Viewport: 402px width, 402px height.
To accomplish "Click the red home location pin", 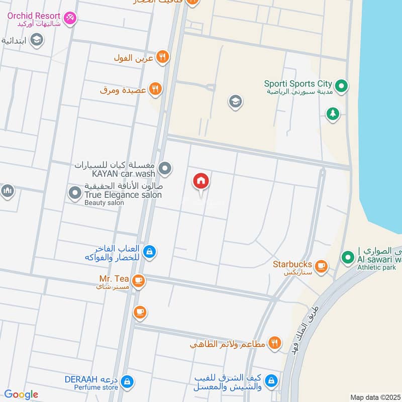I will click(201, 182).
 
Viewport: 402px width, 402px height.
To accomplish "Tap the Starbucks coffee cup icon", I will click(322, 266).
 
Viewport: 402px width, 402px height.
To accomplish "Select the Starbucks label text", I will click(292, 264).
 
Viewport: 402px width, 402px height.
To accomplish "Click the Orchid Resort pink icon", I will click(71, 18).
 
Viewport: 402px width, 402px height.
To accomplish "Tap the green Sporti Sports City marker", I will click(342, 86).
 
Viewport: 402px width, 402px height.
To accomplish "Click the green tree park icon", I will click(332, 114).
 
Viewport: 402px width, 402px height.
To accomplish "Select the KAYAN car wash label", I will click(123, 169).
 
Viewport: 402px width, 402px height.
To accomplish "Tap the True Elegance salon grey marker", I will click(75, 192).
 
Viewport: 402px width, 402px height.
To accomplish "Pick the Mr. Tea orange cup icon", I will click(139, 281).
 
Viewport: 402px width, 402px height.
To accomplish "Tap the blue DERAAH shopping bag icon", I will click(128, 381).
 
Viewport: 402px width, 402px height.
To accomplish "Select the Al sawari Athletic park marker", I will click(347, 258).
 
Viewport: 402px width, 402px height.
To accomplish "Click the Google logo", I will click(22, 394).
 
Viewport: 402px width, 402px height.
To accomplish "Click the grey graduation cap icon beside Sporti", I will click(235, 102).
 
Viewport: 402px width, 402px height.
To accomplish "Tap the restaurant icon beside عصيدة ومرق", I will click(156, 89).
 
